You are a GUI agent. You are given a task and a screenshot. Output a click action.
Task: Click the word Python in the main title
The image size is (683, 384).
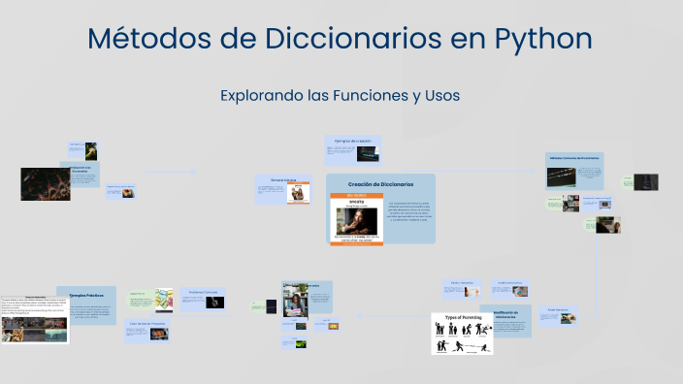(543, 39)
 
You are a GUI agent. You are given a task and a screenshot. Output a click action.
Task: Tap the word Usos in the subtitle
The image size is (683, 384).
(439, 96)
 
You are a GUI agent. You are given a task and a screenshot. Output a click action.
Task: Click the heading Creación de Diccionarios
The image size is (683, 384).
(380, 183)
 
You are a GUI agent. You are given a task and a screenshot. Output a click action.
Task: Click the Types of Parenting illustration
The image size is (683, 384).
(462, 335)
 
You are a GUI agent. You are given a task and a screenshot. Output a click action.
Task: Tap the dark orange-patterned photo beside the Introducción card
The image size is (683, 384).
(46, 183)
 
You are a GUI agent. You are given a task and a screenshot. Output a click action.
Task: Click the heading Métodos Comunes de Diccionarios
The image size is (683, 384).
(574, 157)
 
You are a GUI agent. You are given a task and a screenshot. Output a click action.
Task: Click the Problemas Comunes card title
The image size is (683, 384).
(207, 291)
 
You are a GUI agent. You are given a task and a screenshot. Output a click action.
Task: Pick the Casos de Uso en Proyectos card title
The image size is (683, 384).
(146, 324)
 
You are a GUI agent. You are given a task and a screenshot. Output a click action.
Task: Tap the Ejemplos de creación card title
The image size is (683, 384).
(353, 142)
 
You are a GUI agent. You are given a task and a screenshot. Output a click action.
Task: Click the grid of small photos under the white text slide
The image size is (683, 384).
(35, 332)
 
